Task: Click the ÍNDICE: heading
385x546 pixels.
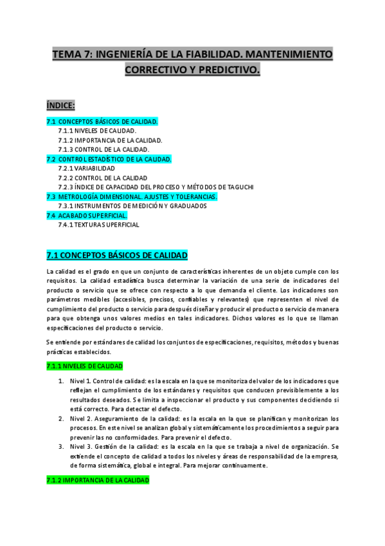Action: pos(60,105)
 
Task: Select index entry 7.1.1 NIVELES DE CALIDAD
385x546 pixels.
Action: pos(96,131)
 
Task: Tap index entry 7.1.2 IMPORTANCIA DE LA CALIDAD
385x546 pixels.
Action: pos(109,140)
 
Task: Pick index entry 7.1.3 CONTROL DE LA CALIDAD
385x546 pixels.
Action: pos(103,149)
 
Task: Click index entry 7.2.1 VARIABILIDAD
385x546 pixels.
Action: pos(86,168)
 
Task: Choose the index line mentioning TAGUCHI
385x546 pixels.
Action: pos(156,187)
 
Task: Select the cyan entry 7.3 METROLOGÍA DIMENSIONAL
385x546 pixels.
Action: pos(132,196)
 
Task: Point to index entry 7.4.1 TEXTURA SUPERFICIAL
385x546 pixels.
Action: pos(98,225)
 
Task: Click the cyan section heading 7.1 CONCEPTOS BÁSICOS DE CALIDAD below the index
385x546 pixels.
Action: pos(117,256)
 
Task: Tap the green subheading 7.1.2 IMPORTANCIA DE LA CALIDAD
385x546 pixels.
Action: pos(98,480)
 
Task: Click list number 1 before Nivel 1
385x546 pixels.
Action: pos(60,381)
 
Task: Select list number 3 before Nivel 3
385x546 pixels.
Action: pos(60,446)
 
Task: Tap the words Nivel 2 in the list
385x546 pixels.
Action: pos(80,418)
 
